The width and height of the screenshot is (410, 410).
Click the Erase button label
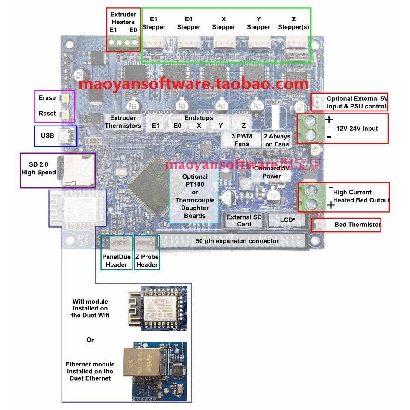(47, 98)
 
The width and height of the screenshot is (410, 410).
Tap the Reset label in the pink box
(47, 114)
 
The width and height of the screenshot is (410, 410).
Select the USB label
(47, 135)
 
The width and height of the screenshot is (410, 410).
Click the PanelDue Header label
(116, 261)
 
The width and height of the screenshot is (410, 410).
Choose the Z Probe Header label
(147, 261)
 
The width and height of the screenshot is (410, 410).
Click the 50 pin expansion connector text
(237, 241)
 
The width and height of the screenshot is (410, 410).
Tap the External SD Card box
(244, 220)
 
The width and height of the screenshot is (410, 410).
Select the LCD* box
(287, 220)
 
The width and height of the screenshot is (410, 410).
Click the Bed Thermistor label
(357, 225)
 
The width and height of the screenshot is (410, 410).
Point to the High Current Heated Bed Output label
(361, 196)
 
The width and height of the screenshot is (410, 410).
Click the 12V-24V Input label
(357, 128)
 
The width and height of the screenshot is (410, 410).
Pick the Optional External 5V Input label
(356, 102)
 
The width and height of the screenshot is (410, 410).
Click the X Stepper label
(223, 23)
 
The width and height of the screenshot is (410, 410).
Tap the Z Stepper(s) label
(293, 23)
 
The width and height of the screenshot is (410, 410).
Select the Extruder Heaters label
(123, 18)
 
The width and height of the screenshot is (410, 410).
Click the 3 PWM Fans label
(242, 140)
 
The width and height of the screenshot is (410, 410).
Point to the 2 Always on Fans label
(277, 140)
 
